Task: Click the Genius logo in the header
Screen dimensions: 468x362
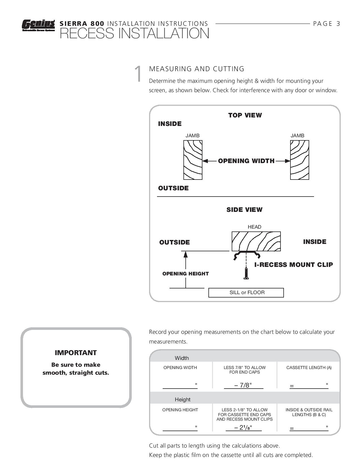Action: point(38,25)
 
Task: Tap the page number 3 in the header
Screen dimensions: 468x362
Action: point(338,24)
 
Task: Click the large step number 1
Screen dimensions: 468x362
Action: point(138,74)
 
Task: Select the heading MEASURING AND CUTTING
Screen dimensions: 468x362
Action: point(196,69)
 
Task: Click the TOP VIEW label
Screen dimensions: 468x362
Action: point(245,115)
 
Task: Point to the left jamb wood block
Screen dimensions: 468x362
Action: point(193,160)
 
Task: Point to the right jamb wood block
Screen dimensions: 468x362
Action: point(300,160)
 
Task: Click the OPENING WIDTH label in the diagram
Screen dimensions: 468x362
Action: point(246,161)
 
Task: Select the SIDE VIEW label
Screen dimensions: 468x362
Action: point(244,210)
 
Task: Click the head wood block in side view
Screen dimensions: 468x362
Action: point(256,241)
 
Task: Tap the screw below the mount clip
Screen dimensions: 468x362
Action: point(246,273)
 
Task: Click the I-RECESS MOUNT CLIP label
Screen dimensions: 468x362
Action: point(294,265)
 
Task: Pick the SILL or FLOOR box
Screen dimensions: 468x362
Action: point(246,293)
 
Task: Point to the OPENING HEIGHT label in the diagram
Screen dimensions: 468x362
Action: point(185,274)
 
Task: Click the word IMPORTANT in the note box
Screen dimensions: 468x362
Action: point(76,353)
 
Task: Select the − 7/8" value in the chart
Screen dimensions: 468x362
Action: point(243,385)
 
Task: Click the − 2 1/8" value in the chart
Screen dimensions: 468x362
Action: point(243,427)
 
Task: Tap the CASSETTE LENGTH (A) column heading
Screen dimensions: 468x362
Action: point(309,368)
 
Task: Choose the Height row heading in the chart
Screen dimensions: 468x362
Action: point(183,400)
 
